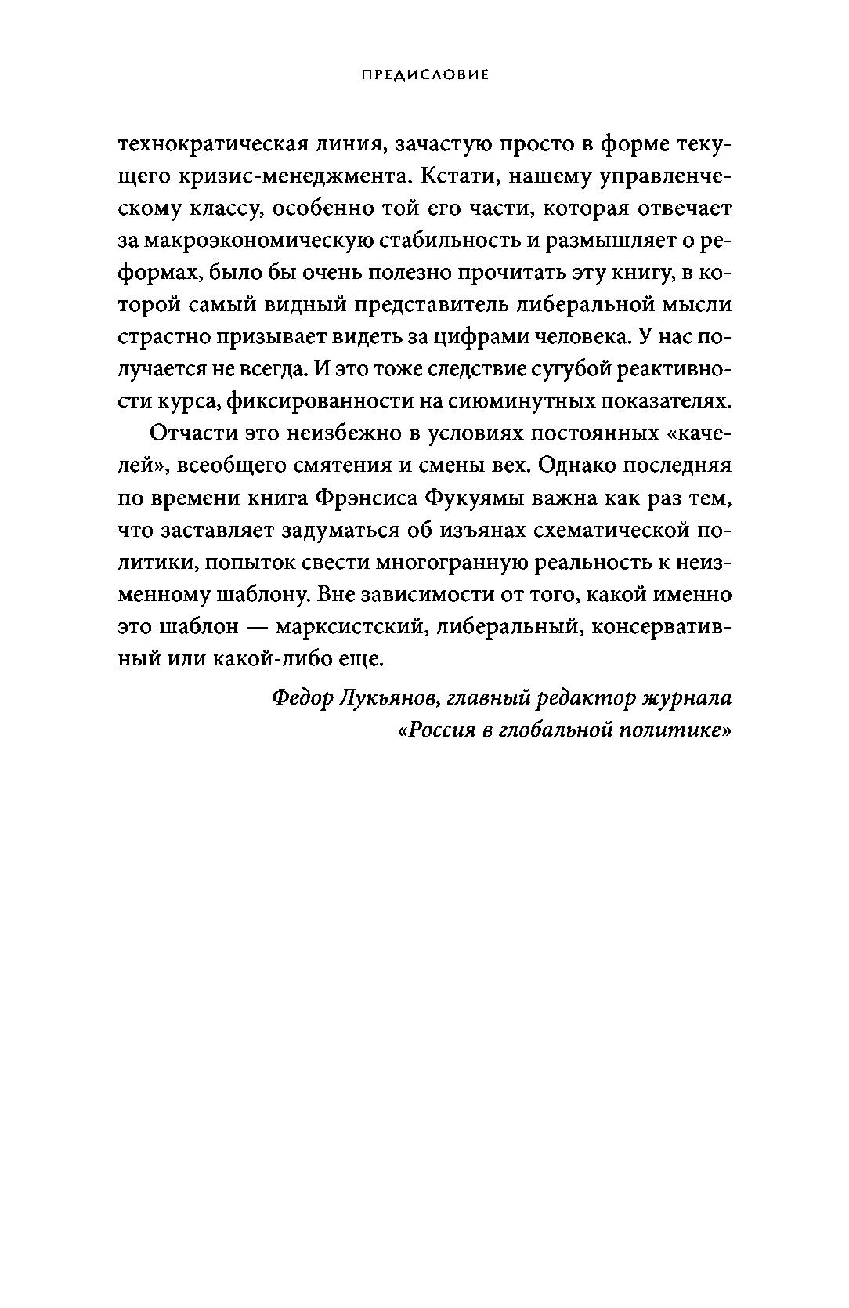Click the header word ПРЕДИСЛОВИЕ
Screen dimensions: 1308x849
[424, 75]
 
